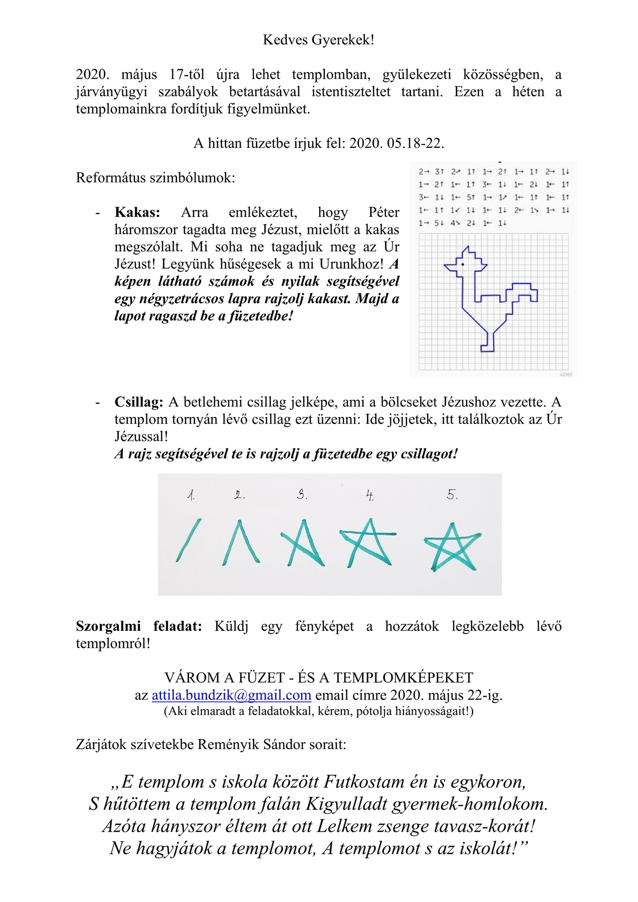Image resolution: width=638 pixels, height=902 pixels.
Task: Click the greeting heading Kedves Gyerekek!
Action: click(x=318, y=40)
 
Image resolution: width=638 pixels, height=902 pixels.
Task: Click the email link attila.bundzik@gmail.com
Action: click(x=231, y=695)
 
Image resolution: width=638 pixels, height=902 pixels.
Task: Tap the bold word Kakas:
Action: click(x=137, y=212)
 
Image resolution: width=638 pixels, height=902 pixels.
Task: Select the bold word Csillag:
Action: click(x=138, y=402)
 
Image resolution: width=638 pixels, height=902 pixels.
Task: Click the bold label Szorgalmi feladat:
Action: click(x=138, y=626)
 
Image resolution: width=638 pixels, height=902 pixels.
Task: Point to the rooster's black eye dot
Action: click(x=463, y=264)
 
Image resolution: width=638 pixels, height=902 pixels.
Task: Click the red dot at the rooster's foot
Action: click(x=481, y=351)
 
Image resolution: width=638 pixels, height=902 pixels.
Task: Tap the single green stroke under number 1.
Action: click(x=188, y=540)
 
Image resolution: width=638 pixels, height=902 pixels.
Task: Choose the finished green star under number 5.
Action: click(x=453, y=547)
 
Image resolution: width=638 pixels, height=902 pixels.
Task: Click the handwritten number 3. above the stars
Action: click(x=302, y=495)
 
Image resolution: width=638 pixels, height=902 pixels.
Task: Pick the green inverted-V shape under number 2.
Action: click(x=241, y=542)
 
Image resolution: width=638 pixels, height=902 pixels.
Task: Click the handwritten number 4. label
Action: click(x=369, y=496)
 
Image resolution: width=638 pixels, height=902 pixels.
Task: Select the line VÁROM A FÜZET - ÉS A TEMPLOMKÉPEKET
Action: click(x=318, y=678)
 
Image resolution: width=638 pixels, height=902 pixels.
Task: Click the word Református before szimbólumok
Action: click(x=111, y=178)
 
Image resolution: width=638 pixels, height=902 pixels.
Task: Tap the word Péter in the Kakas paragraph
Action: click(x=383, y=212)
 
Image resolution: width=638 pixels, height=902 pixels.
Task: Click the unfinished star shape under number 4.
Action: click(x=368, y=542)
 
